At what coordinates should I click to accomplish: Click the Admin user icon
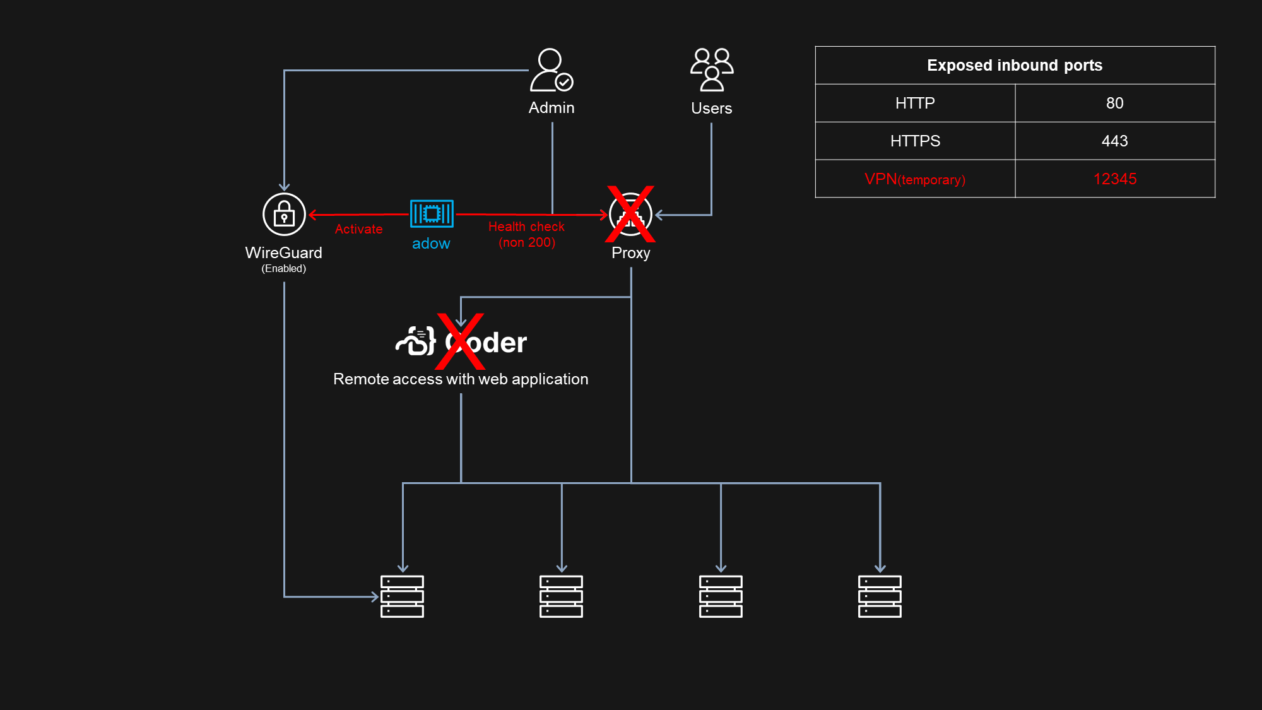pyautogui.click(x=551, y=70)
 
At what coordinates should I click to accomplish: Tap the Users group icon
pyautogui.click(x=712, y=70)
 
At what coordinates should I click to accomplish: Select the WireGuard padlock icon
pyautogui.click(x=284, y=215)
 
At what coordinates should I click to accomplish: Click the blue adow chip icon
pyautogui.click(x=432, y=214)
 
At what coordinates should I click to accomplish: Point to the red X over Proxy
pyautogui.click(x=630, y=214)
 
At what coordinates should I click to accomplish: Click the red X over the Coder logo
pyautogui.click(x=460, y=341)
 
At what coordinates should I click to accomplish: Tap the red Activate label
pyautogui.click(x=358, y=229)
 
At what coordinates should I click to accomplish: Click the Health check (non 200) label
pyautogui.click(x=526, y=234)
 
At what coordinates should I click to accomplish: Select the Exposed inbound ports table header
pyautogui.click(x=1015, y=65)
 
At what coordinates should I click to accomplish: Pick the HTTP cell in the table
pyautogui.click(x=915, y=103)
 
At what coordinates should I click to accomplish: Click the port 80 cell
pyautogui.click(x=1115, y=103)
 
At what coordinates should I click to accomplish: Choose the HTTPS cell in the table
pyautogui.click(x=915, y=141)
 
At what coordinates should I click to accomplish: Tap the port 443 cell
pyautogui.click(x=1115, y=141)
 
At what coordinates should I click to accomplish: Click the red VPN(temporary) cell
pyautogui.click(x=915, y=179)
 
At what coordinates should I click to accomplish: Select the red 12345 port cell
pyautogui.click(x=1115, y=179)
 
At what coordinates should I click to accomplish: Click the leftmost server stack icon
pyautogui.click(x=402, y=596)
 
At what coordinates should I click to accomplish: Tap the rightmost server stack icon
pyautogui.click(x=880, y=596)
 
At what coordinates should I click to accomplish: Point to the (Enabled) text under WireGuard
pyautogui.click(x=284, y=268)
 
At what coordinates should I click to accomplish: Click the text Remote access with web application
pyautogui.click(x=461, y=379)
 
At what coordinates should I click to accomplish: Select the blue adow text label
pyautogui.click(x=431, y=244)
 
